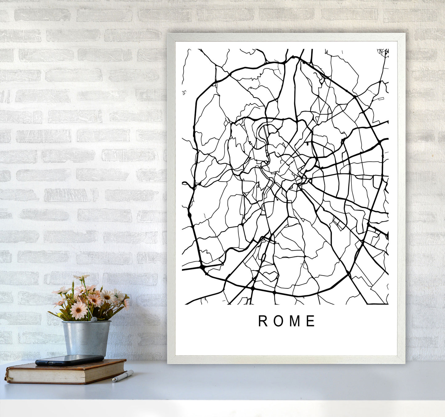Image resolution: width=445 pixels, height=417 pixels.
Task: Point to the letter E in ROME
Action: coord(311,321)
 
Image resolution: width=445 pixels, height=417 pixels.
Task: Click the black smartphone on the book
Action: coord(70,360)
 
